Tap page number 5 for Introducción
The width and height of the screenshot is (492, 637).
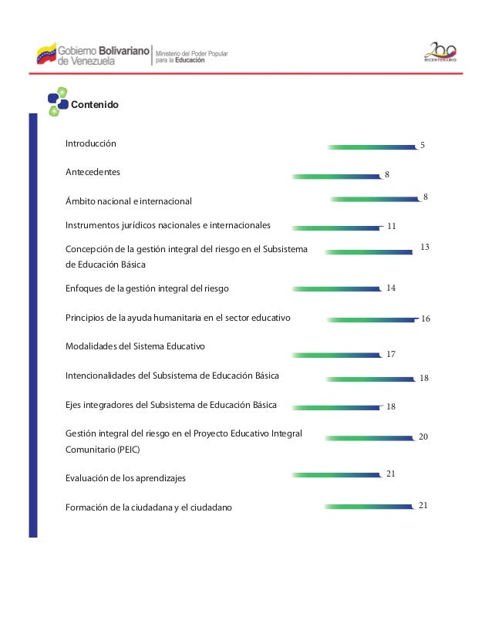click(422, 145)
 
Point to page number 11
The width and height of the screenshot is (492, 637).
click(391, 228)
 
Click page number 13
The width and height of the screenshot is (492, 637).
click(424, 247)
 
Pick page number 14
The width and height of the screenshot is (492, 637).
click(391, 288)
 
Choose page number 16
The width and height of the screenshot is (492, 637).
click(425, 318)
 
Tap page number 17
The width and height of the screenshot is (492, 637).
click(391, 355)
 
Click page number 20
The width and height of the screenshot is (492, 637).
click(423, 436)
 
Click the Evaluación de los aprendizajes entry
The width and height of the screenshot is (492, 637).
click(126, 479)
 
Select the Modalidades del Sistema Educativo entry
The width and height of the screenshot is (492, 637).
click(135, 346)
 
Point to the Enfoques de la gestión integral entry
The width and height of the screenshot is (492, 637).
click(147, 288)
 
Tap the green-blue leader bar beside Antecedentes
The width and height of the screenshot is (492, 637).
click(338, 176)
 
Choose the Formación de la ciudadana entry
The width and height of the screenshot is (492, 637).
click(148, 507)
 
